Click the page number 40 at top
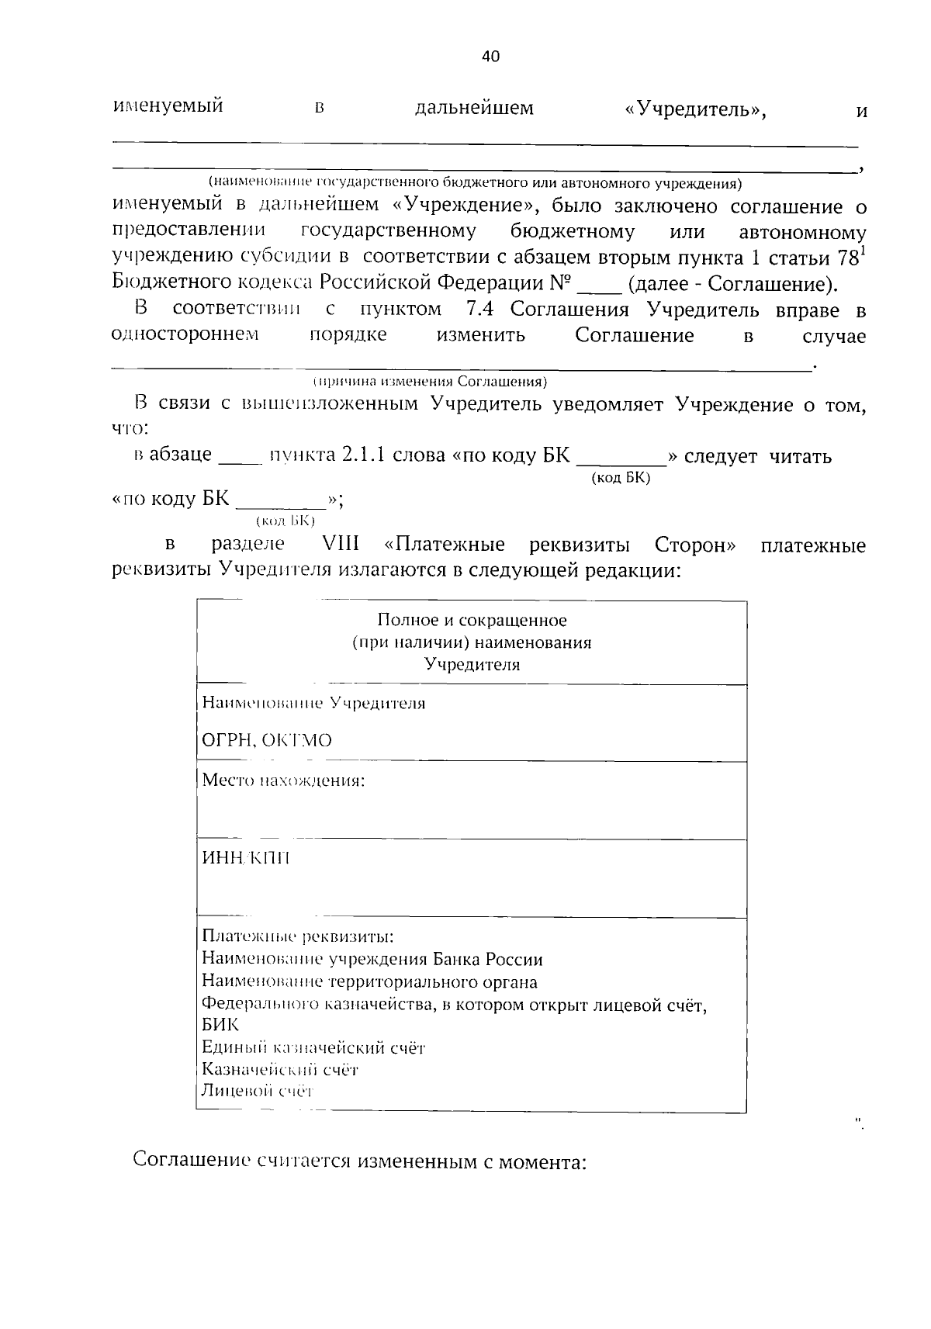[x=490, y=56]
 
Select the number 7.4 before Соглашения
[x=482, y=310]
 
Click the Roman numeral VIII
[x=334, y=545]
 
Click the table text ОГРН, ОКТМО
[x=266, y=740]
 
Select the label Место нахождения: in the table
[x=283, y=780]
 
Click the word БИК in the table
[x=220, y=1026]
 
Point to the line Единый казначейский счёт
[x=313, y=1048]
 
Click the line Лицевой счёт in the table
[x=256, y=1092]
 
